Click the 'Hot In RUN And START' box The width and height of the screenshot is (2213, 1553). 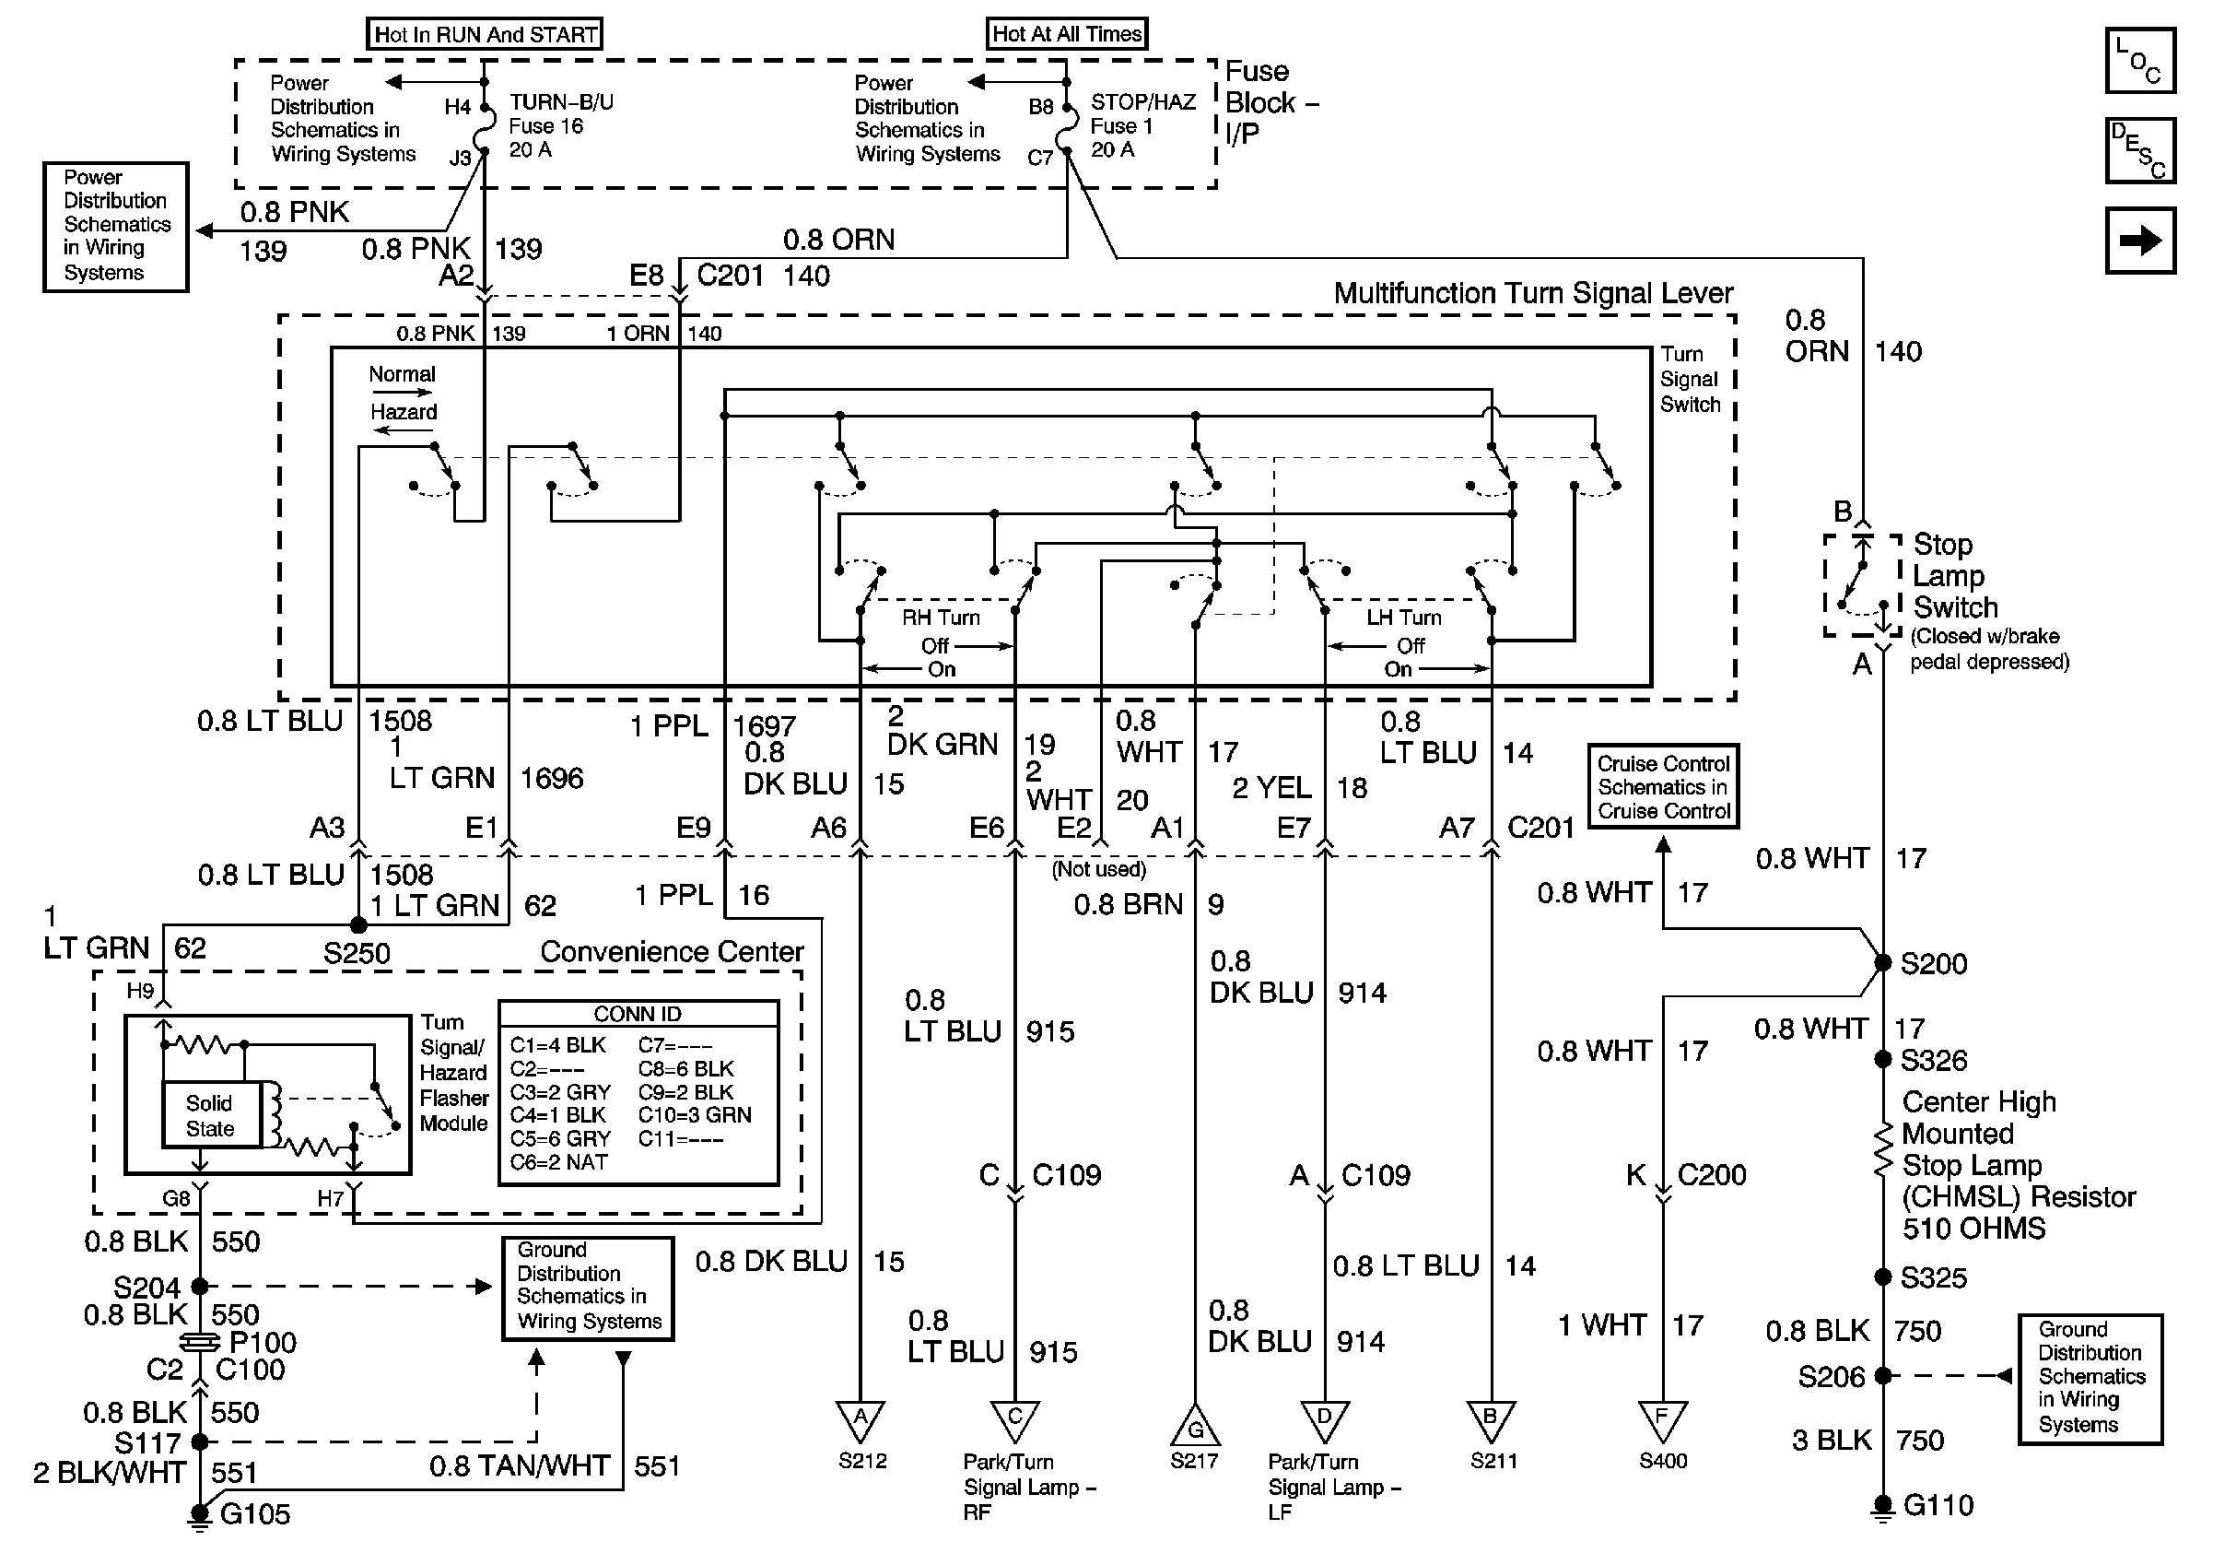[x=485, y=35]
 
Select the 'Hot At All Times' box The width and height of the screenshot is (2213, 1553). [x=1067, y=34]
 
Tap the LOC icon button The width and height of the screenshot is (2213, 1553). [x=2139, y=61]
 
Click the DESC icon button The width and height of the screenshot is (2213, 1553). [x=2139, y=150]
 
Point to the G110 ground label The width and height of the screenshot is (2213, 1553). [x=1938, y=1505]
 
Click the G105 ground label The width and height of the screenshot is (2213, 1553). [x=254, y=1513]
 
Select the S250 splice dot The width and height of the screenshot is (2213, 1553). [x=357, y=924]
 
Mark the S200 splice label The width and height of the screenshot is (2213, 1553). [x=1933, y=964]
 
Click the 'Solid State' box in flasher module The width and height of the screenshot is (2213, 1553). [x=210, y=1115]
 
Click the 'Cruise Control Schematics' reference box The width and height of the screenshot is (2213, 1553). [x=1664, y=786]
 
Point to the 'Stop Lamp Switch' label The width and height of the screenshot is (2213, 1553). [x=1955, y=575]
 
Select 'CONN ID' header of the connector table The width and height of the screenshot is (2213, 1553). [x=638, y=1014]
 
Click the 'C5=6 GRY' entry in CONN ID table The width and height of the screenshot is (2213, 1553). [x=560, y=1138]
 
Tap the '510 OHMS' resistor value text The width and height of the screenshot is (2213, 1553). [x=1973, y=1229]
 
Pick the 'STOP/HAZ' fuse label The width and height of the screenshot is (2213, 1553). [x=1143, y=102]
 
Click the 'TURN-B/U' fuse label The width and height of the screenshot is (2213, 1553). [x=561, y=102]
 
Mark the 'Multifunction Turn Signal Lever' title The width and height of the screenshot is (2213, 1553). [x=1532, y=293]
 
